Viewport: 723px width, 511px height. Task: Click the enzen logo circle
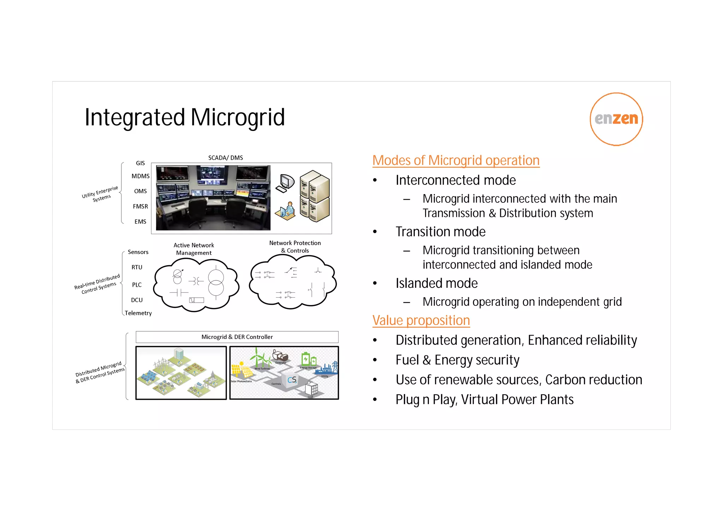coord(616,119)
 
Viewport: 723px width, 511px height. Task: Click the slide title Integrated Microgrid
coord(185,117)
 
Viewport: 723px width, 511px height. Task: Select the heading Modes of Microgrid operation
coord(456,160)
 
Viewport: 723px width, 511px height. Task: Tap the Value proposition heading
coord(421,320)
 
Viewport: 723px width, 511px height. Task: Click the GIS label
coord(141,163)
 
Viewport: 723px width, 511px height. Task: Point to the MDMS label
coord(141,176)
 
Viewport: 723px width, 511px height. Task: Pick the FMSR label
coord(141,207)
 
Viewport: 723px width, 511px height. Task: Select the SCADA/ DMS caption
coord(226,158)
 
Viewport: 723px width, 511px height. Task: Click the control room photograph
coord(213,198)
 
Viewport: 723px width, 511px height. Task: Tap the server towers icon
coord(315,196)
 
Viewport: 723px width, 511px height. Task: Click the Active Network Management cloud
coord(196,285)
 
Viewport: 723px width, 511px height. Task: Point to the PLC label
coord(137,285)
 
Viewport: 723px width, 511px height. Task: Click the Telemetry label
coord(138,313)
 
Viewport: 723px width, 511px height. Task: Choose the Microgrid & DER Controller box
coord(237,337)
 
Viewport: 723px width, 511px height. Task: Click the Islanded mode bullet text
coord(436,283)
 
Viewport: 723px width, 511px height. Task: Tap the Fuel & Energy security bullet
coord(457,360)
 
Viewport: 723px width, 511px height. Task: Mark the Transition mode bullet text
coord(440,232)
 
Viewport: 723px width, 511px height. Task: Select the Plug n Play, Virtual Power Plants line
coord(484,399)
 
